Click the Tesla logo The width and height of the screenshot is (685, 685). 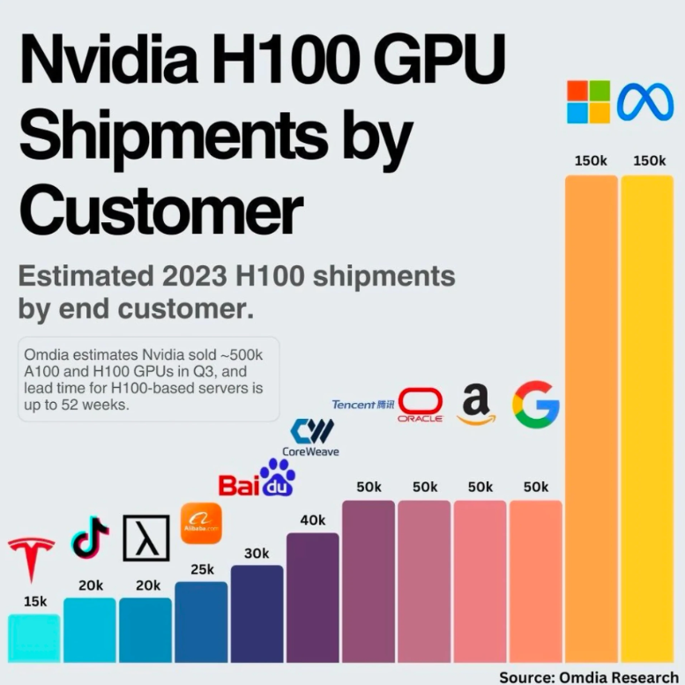(32, 559)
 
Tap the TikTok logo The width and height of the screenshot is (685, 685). (90, 537)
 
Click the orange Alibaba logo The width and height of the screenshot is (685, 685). (201, 525)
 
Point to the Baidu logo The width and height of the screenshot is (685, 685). (257, 479)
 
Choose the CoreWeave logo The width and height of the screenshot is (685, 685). (315, 438)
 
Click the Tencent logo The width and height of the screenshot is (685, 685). (363, 405)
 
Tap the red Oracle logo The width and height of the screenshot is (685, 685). (421, 405)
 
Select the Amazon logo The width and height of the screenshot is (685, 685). (476, 405)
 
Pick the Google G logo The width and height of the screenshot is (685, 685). (536, 405)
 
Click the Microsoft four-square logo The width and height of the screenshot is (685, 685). (589, 102)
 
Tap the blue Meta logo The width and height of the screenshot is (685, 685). (645, 102)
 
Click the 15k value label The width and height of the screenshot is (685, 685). (35, 601)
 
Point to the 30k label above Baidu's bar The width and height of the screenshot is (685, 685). (257, 553)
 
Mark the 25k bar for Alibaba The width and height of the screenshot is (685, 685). (201, 622)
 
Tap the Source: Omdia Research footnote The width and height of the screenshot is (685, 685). (589, 677)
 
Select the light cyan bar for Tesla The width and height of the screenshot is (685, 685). (34, 638)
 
